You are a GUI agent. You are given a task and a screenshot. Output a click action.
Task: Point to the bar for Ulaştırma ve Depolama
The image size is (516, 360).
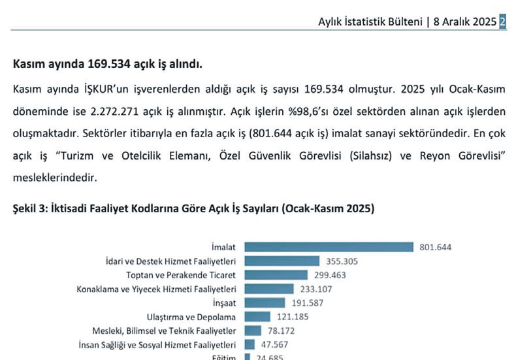[x=257, y=317]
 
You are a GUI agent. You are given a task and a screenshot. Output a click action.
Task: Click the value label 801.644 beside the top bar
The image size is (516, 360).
[x=435, y=247]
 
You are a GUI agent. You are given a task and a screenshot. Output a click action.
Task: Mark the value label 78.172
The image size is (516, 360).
[x=281, y=331]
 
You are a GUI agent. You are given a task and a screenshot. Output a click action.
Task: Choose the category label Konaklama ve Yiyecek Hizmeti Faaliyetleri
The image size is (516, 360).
[x=157, y=289]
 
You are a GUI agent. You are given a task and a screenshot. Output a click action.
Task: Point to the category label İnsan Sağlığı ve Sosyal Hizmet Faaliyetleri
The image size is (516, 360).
[x=157, y=344]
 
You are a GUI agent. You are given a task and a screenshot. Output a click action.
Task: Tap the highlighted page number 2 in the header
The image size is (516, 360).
[x=502, y=21]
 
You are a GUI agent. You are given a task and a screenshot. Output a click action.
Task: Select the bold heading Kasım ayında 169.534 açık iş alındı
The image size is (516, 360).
[x=108, y=65]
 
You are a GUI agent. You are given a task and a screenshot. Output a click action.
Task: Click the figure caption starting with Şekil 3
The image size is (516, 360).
[x=193, y=208]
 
